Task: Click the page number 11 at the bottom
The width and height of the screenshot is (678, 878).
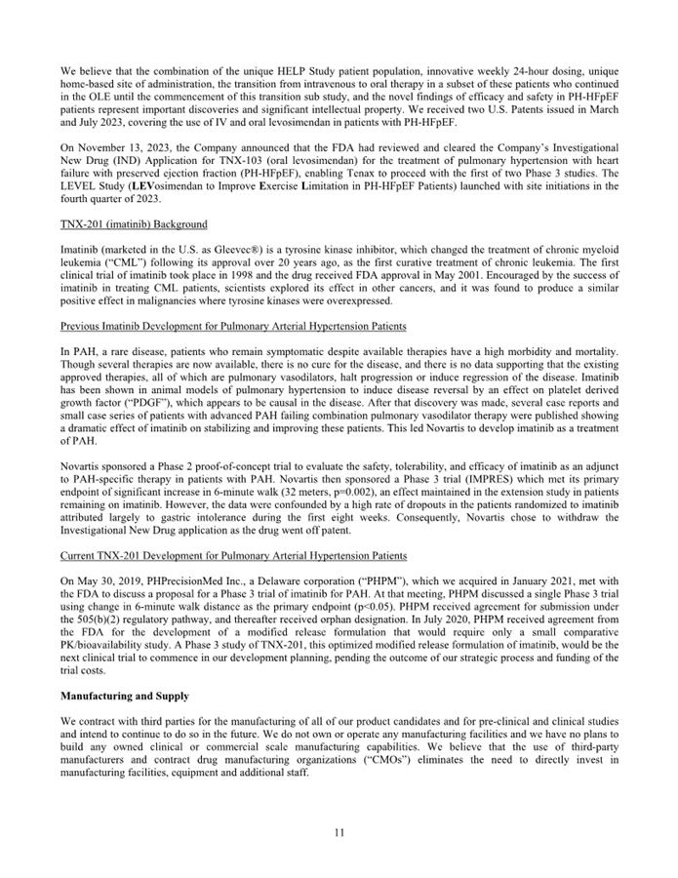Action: (x=339, y=832)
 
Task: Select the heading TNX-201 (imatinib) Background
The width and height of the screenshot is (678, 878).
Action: (x=134, y=223)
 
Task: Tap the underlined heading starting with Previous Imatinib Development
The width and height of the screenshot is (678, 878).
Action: (x=233, y=325)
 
